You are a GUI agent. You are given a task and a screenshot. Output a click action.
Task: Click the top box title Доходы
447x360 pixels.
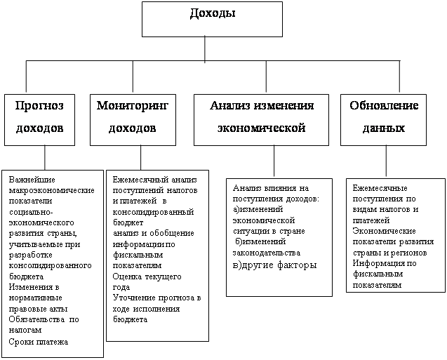(x=213, y=13)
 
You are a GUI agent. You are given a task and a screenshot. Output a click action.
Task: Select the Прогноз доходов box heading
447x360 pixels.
(x=39, y=117)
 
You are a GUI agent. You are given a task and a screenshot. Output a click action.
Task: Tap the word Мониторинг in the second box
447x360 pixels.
(x=133, y=106)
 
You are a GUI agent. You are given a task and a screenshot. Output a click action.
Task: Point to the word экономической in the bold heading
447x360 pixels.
(x=262, y=128)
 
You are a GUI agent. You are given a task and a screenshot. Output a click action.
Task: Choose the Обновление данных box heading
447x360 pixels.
(x=384, y=117)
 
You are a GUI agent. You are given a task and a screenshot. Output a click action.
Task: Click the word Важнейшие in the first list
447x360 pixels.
(x=32, y=180)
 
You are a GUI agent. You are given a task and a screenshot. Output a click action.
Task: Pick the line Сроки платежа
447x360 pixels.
(x=38, y=342)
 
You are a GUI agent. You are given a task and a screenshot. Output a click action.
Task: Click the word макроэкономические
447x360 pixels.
(x=52, y=190)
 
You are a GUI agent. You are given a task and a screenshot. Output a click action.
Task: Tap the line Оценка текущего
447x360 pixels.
(x=147, y=276)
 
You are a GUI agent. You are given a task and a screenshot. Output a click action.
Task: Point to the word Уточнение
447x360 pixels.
(x=134, y=298)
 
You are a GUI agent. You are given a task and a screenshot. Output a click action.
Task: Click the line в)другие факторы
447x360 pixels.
(x=275, y=265)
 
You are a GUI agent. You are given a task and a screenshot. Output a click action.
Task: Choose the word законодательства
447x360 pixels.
(x=267, y=253)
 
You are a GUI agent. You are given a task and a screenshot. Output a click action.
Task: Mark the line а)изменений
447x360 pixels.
(x=258, y=210)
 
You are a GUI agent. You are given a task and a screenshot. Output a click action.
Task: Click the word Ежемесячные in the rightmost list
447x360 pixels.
(x=380, y=188)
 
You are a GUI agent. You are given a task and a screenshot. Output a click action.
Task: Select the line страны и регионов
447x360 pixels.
(x=389, y=253)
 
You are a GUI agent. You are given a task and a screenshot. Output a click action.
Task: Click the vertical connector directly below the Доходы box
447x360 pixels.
(x=205, y=48)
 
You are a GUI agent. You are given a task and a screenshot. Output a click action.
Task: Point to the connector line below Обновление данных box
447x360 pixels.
(x=386, y=161)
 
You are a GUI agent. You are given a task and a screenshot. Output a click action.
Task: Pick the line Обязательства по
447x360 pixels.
(x=44, y=319)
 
